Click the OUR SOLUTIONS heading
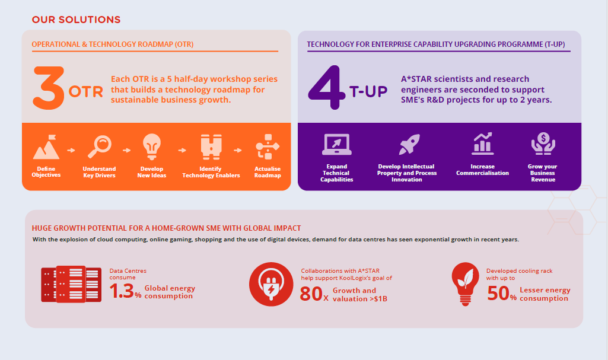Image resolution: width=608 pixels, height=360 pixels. [x=76, y=20]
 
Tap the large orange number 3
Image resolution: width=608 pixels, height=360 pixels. [x=49, y=88]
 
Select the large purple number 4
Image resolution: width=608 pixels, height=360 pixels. [x=326, y=87]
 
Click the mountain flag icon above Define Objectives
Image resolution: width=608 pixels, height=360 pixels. [x=46, y=147]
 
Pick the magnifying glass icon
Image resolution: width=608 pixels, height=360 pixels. [x=100, y=146]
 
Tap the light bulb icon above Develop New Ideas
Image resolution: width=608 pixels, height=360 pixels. [x=152, y=146]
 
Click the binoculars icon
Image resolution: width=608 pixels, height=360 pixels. [x=211, y=147]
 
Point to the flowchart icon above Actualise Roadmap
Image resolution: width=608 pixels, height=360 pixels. [x=268, y=146]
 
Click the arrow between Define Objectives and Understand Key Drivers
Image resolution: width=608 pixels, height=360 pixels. [x=71, y=150]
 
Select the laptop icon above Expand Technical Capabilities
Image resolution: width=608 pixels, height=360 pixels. [x=336, y=144]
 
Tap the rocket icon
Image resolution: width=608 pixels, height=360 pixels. [x=409, y=144]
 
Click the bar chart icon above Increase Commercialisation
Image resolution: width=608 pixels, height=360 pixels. [x=482, y=144]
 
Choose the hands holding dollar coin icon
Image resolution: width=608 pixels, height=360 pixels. [x=543, y=144]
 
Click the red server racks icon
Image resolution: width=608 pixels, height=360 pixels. [x=71, y=284]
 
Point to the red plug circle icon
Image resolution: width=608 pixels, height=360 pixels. [x=271, y=284]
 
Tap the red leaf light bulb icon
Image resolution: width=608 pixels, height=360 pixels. [x=465, y=284]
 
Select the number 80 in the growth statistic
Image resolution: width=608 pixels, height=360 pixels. [x=311, y=294]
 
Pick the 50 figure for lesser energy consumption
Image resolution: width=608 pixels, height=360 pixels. [x=498, y=294]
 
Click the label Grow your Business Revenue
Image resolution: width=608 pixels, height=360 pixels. [x=543, y=173]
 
